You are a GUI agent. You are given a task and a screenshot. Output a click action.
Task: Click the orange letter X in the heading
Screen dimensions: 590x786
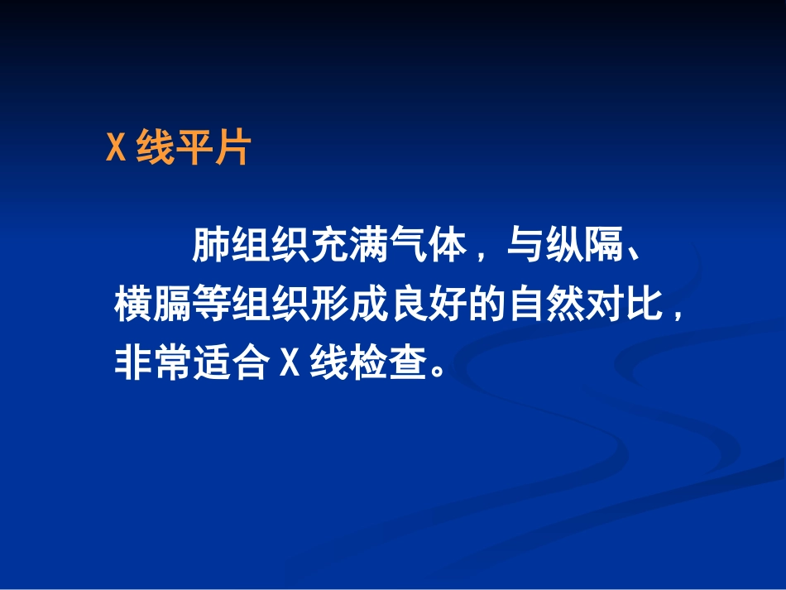tap(116, 150)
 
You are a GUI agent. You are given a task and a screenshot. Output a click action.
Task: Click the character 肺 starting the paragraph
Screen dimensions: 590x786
tap(211, 246)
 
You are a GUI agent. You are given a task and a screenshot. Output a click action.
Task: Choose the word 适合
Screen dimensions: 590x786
tap(231, 363)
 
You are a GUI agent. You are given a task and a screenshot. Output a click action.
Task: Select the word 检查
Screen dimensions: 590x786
tap(386, 363)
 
